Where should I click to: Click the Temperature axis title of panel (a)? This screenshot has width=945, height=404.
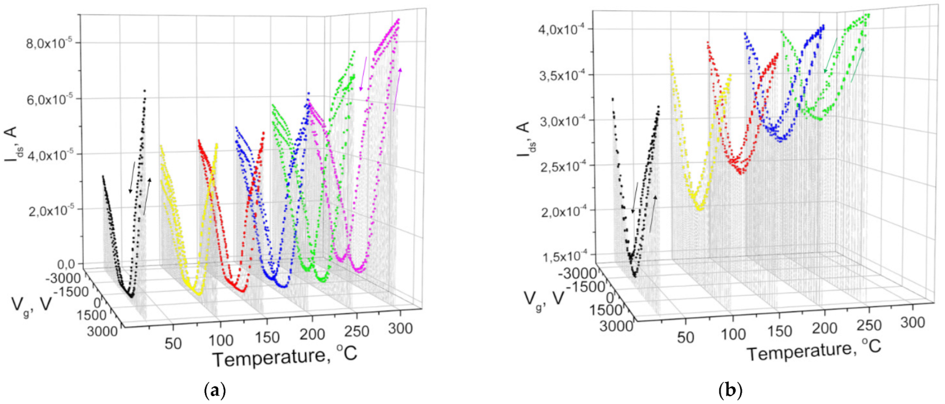[285, 356]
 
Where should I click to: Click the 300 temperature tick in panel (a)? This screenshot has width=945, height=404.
[400, 328]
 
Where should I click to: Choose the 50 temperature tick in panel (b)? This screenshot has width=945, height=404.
[685, 337]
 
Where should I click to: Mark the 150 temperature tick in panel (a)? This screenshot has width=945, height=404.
[267, 337]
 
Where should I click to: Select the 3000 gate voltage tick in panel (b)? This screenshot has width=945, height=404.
[616, 326]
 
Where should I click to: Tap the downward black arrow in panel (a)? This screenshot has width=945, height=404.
[132, 177]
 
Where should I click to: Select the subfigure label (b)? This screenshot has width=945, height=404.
[730, 390]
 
